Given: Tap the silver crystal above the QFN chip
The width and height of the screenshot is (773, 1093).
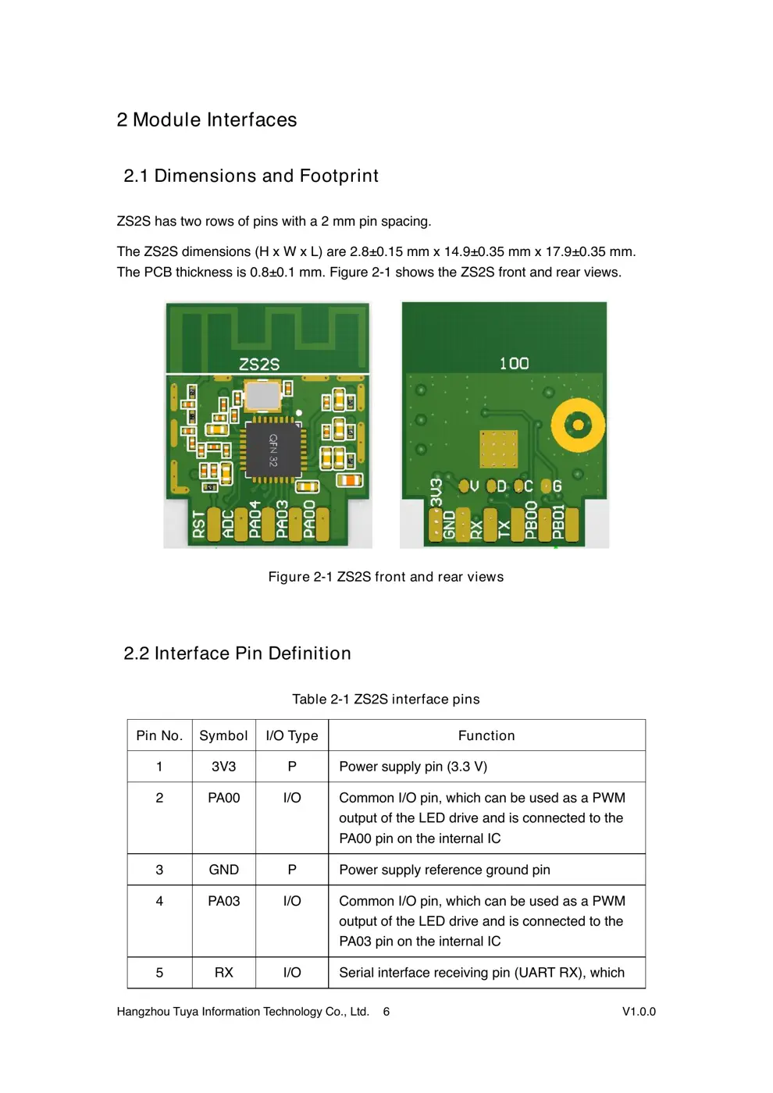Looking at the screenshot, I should pyautogui.click(x=262, y=396).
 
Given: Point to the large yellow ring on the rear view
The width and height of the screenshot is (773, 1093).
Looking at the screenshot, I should pyautogui.click(x=578, y=425).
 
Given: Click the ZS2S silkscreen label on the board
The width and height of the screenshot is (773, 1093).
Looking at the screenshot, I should pyautogui.click(x=259, y=365).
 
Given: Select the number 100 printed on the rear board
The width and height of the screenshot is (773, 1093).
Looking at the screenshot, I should pyautogui.click(x=514, y=363).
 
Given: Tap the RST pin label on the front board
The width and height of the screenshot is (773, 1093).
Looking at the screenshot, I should pyautogui.click(x=199, y=524).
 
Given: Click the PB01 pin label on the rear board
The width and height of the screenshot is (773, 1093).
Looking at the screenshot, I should pyautogui.click(x=558, y=522).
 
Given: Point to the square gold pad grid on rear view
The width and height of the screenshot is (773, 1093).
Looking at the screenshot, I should pyautogui.click(x=499, y=449).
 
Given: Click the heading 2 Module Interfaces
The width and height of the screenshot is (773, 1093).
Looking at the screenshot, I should pyautogui.click(x=207, y=119).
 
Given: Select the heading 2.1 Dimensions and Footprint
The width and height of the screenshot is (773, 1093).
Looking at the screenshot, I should pyautogui.click(x=251, y=176).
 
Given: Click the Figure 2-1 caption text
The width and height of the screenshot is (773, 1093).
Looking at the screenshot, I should pyautogui.click(x=386, y=577).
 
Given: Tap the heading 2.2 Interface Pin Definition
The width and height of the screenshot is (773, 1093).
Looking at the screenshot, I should pyautogui.click(x=237, y=653).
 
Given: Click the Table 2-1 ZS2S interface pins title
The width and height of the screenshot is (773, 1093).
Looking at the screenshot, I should pyautogui.click(x=386, y=700).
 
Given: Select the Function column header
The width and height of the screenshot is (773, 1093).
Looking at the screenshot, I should pyautogui.click(x=486, y=735).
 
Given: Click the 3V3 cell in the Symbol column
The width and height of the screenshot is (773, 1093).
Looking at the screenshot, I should pyautogui.click(x=223, y=767).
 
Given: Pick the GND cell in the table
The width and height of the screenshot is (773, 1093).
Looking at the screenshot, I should pyautogui.click(x=223, y=870).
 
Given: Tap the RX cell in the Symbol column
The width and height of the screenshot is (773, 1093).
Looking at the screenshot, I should pyautogui.click(x=223, y=973).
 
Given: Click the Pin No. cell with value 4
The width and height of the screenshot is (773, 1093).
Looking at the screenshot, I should pyautogui.click(x=159, y=901).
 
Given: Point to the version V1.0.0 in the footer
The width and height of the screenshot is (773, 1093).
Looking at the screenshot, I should pyautogui.click(x=639, y=1012).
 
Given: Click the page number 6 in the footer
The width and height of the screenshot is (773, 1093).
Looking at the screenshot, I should pyautogui.click(x=386, y=1012).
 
